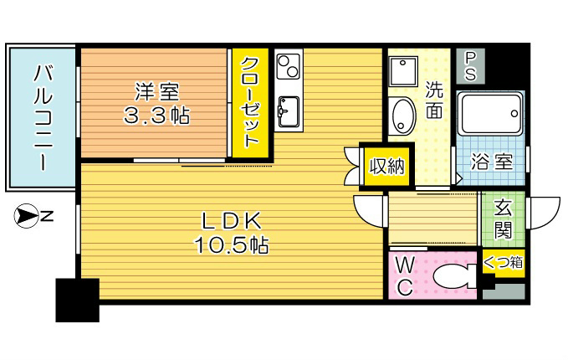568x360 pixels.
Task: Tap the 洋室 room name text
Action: [x=155, y=90]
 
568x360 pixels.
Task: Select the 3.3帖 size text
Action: [x=156, y=116]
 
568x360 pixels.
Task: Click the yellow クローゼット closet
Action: [x=251, y=103]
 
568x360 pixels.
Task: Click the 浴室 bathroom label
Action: [x=491, y=162]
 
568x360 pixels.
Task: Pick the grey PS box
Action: [x=470, y=65]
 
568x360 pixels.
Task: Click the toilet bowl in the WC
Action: [x=451, y=276]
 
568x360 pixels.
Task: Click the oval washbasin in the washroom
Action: [x=402, y=115]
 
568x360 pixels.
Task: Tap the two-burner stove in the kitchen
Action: [x=288, y=64]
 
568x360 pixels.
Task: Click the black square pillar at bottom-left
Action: [x=77, y=300]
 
